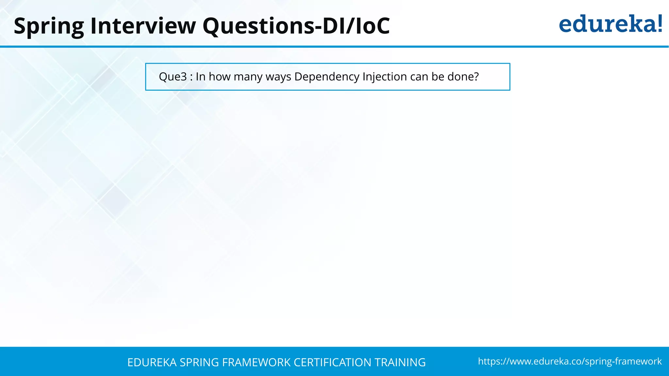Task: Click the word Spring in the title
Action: tap(49, 26)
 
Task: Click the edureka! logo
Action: tap(610, 24)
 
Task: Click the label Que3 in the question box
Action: tap(173, 77)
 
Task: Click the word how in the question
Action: tap(220, 77)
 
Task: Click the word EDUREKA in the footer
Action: tap(152, 362)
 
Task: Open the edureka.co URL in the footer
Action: tap(570, 361)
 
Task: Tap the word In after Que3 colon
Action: tap(201, 77)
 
